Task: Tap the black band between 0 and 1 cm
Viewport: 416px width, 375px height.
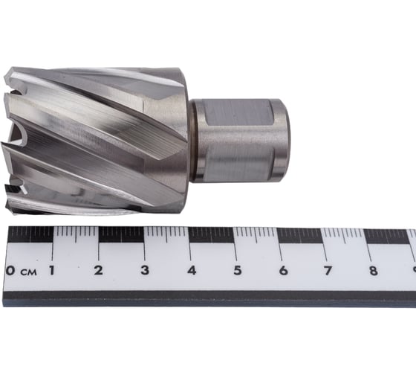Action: click(30, 235)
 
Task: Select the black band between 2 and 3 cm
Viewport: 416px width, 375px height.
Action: click(121, 235)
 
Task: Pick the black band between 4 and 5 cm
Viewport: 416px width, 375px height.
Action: click(212, 235)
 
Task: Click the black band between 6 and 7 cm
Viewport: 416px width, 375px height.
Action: click(302, 235)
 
